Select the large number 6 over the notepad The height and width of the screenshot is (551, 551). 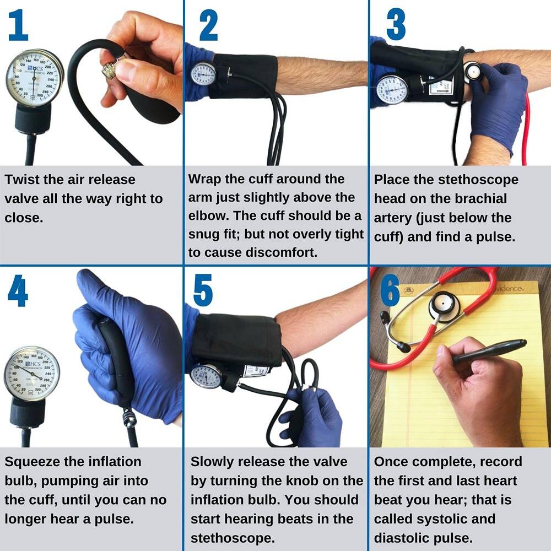390,291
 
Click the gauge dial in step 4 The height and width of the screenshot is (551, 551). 31,374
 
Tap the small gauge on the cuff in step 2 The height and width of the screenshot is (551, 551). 203,74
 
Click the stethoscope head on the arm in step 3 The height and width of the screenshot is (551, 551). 473,71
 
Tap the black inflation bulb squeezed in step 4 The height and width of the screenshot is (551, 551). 116,358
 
